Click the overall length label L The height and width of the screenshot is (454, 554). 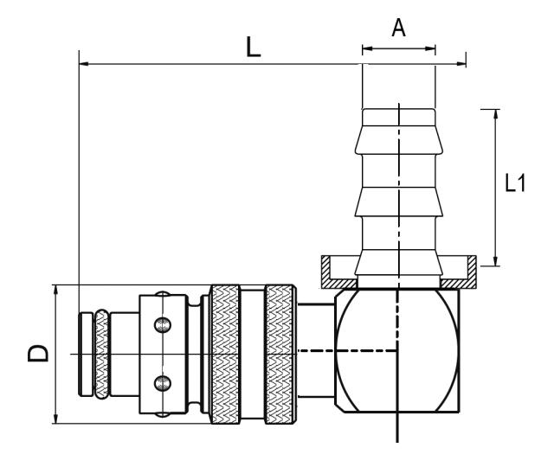pos(253,47)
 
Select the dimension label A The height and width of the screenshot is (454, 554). pos(398,28)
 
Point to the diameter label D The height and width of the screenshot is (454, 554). pos(33,354)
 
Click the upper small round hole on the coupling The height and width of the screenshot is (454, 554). pos(162,325)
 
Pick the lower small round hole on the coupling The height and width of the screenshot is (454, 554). pos(162,381)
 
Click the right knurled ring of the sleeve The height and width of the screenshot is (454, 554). pos(280,354)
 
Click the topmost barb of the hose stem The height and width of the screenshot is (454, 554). pos(398,121)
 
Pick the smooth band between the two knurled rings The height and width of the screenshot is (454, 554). pos(252,354)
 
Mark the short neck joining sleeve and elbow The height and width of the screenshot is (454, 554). pos(315,353)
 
